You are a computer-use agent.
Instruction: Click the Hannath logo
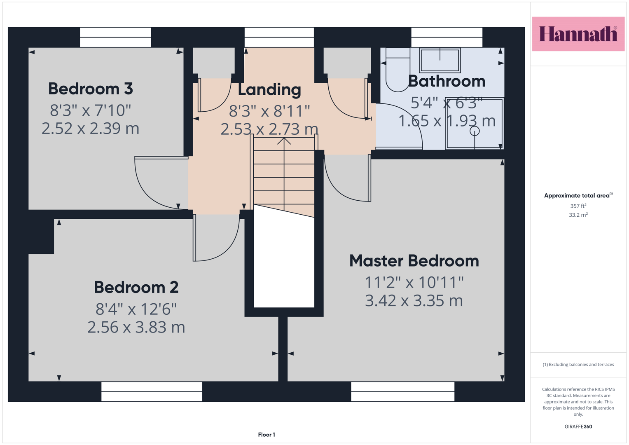pyautogui.click(x=578, y=34)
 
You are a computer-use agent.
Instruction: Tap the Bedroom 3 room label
pyautogui.click(x=91, y=89)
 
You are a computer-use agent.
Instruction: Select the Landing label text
pyautogui.click(x=269, y=90)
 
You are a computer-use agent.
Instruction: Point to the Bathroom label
pyautogui.click(x=447, y=81)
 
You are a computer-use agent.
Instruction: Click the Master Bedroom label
pyautogui.click(x=414, y=261)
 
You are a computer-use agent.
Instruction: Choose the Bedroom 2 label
pyautogui.click(x=136, y=288)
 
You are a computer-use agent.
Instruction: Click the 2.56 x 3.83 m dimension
pyautogui.click(x=136, y=327)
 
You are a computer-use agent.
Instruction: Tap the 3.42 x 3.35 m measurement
pyautogui.click(x=414, y=301)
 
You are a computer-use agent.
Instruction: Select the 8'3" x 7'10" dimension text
pyautogui.click(x=91, y=110)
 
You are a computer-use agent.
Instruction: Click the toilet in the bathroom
pyautogui.click(x=398, y=70)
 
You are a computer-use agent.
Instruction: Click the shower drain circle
pyautogui.click(x=475, y=131)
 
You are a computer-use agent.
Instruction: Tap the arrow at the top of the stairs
pyautogui.click(x=284, y=141)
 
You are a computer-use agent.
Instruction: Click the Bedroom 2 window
pyautogui.click(x=152, y=391)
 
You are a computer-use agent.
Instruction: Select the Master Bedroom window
pyautogui.click(x=403, y=391)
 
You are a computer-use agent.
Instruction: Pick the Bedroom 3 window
pyautogui.click(x=115, y=37)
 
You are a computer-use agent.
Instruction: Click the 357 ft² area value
pyautogui.click(x=578, y=206)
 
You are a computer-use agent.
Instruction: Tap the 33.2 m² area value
pyautogui.click(x=578, y=215)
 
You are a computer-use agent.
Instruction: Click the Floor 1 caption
pyautogui.click(x=267, y=435)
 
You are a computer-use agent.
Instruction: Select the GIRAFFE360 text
pyautogui.click(x=578, y=426)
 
